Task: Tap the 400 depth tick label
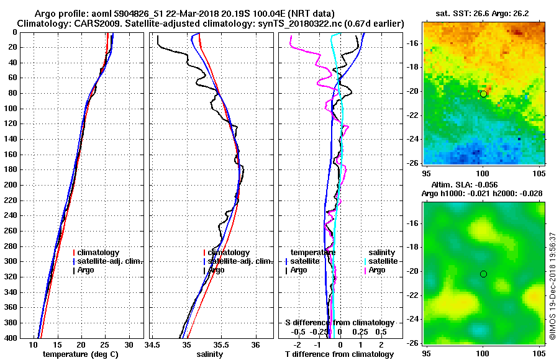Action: pyautogui.click(x=13, y=338)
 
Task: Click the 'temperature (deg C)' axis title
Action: pyautogui.click(x=80, y=354)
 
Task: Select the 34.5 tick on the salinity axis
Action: pyautogui.click(x=153, y=344)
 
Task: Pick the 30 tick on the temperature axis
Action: pyautogui.click(x=129, y=344)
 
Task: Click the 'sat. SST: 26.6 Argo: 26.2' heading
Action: pyautogui.click(x=484, y=13)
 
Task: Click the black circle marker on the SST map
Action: pyautogui.click(x=483, y=94)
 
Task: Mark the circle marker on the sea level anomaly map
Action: pyautogui.click(x=483, y=274)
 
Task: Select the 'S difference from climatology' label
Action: pyautogui.click(x=340, y=323)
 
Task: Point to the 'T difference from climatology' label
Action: pyautogui.click(x=340, y=354)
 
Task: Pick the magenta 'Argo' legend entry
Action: pyautogui.click(x=376, y=270)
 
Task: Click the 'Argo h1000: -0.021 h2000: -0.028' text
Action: pyautogui.click(x=482, y=194)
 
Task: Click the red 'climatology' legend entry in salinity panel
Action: pyautogui.click(x=229, y=253)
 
